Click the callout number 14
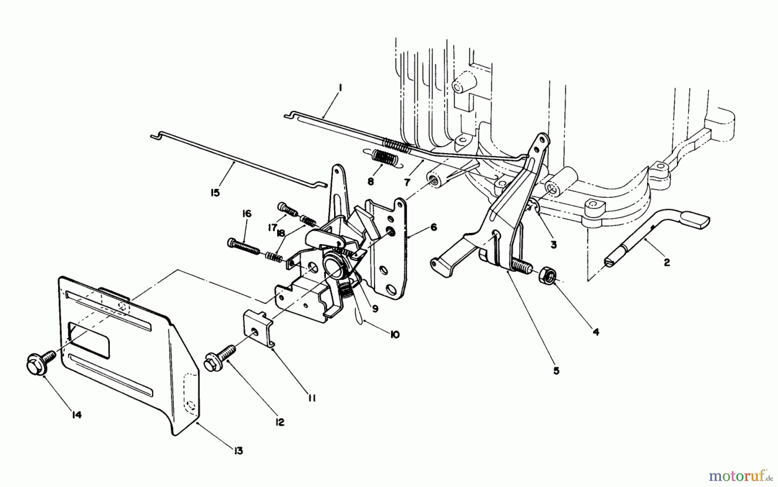pos(76,415)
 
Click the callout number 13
pos(237,451)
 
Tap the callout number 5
pos(556,370)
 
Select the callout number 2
pos(666,262)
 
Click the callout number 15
pos(215,192)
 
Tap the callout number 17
pos(272,227)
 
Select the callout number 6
pos(434,227)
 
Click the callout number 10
pos(394,334)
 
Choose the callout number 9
pos(375,309)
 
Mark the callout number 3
pos(554,244)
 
